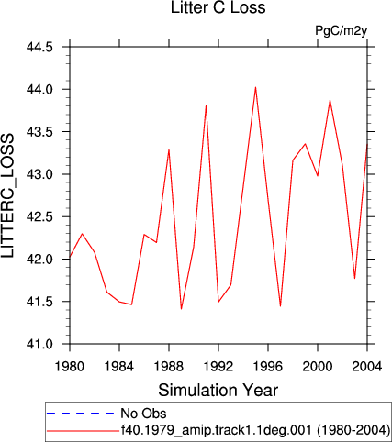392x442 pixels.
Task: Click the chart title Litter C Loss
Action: pos(218,7)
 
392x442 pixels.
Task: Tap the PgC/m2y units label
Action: pos(341,31)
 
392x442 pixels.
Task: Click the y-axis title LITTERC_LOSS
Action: pos(8,195)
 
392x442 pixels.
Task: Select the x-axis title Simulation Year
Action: pos(218,390)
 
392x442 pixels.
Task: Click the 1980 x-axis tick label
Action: pos(70,366)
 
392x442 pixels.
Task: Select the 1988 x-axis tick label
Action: pos(169,366)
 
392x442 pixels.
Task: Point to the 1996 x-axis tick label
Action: pos(268,366)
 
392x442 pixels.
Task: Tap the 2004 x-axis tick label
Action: pos(367,366)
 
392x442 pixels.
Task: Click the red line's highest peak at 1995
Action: pos(255,87)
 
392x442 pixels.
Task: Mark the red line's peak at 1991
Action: pos(207,105)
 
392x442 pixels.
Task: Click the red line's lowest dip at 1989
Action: pos(181,309)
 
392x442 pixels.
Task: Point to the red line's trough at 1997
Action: pos(280,306)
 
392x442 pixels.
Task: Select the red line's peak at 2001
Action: pos(330,100)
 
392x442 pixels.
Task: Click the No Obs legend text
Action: pos(143,414)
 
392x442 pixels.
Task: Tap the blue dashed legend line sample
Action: pos(80,414)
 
